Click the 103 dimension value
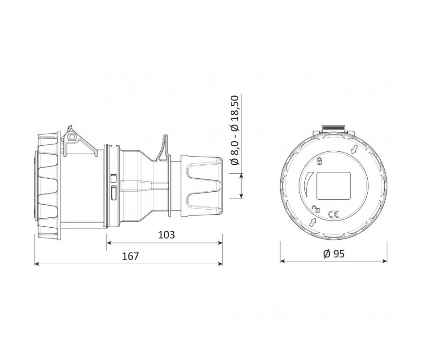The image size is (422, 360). pyautogui.click(x=166, y=235)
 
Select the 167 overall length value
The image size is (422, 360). pyautogui.click(x=131, y=256)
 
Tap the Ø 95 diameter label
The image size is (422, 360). pyautogui.click(x=334, y=254)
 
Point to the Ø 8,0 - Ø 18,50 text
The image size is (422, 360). pyautogui.click(x=235, y=130)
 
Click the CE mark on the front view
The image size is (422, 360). pyautogui.click(x=334, y=214)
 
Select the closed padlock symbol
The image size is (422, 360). pyautogui.click(x=320, y=161)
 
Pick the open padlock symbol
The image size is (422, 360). pyautogui.click(x=316, y=209)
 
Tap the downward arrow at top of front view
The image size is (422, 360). pyautogui.click(x=355, y=149)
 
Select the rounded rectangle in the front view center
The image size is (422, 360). pyautogui.click(x=334, y=186)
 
